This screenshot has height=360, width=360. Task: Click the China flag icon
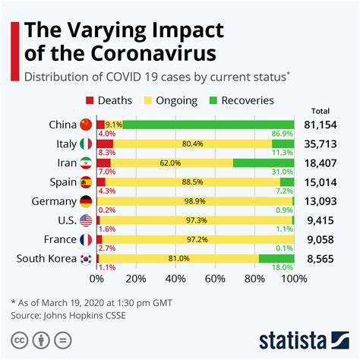coord(85,124)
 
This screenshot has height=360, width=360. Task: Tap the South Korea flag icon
coord(85,259)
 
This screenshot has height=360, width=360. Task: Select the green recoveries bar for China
coord(209,124)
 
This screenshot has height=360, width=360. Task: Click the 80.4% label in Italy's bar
coord(192,144)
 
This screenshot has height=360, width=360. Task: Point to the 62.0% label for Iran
coord(170,163)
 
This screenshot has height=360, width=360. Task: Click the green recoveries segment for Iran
coord(264,163)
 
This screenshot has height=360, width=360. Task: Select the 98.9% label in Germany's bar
coord(195,201)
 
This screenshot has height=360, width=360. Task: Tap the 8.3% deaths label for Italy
coord(106,153)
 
